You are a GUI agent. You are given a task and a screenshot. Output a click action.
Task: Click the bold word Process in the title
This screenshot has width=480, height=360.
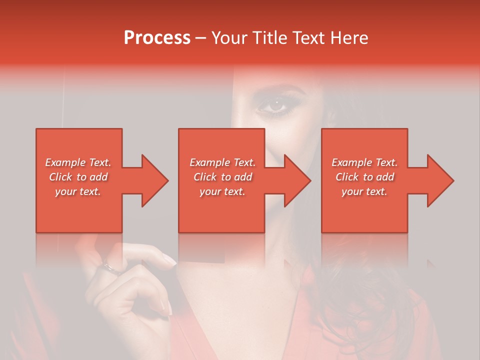[157, 38]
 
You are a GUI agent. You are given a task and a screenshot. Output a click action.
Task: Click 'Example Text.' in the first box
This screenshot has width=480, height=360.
[78, 162]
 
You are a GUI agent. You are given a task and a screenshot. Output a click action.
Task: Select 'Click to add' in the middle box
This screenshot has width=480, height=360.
[222, 177]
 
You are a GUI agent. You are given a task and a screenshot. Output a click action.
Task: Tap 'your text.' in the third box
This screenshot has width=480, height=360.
[364, 191]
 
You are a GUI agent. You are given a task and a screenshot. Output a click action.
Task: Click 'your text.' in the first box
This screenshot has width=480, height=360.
[78, 191]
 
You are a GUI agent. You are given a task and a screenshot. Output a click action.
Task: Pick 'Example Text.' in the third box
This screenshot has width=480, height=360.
[364, 162]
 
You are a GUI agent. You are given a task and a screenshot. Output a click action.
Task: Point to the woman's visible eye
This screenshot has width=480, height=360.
[275, 105]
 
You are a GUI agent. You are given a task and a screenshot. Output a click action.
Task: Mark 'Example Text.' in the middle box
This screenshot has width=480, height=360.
[222, 162]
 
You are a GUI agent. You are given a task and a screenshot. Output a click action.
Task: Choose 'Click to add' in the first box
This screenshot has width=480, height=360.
[78, 177]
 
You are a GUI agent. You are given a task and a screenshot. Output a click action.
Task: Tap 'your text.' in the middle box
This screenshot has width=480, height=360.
[222, 191]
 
